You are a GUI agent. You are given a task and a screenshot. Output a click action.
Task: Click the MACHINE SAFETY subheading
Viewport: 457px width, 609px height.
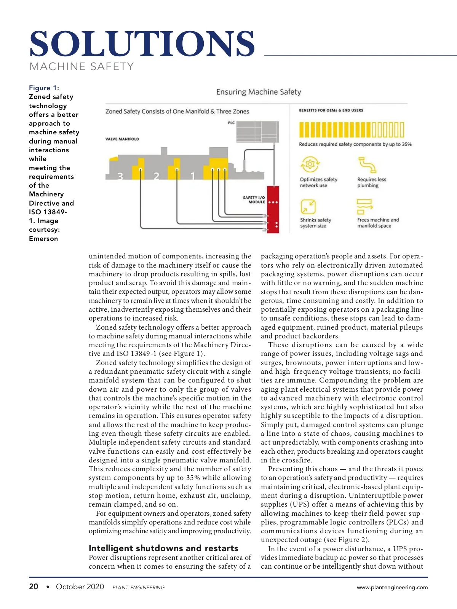[x=81, y=67]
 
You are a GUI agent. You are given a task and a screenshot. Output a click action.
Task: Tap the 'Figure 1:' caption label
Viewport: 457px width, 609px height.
[x=44, y=88]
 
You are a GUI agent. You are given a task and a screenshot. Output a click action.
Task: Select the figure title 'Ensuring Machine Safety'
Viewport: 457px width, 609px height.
[x=259, y=92]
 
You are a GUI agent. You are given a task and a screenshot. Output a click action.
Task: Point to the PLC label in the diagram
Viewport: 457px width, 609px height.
[x=232, y=123]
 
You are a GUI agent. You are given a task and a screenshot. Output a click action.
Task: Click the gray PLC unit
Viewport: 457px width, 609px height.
[x=257, y=132]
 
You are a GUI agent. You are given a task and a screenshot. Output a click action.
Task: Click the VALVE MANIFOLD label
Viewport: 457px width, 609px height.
[x=122, y=139]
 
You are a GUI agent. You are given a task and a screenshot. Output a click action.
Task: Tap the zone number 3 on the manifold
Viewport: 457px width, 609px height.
[x=120, y=176]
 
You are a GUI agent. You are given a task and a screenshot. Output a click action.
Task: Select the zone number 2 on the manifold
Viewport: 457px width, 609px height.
[x=157, y=176]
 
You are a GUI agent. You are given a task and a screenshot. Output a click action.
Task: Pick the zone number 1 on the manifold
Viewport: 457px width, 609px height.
[x=193, y=176]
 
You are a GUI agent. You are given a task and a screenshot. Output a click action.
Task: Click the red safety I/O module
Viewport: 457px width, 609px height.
[x=273, y=209]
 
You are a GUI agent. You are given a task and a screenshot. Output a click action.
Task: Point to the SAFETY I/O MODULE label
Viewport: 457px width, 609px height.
[x=254, y=200]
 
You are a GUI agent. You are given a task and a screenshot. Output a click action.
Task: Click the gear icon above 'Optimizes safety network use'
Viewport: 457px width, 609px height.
[x=310, y=164]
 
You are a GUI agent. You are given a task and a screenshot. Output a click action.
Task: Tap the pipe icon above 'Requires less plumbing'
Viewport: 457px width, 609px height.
[x=367, y=165]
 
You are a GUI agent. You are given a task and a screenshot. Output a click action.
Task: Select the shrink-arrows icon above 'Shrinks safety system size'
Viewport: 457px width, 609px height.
[x=308, y=207]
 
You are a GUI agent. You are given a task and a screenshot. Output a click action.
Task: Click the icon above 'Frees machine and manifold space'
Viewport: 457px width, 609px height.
[x=364, y=207]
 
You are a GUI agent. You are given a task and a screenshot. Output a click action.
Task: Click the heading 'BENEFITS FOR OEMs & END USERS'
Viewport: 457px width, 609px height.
[x=331, y=110]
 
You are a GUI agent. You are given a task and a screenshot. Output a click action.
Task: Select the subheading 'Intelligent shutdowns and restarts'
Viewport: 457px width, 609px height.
[x=163, y=548]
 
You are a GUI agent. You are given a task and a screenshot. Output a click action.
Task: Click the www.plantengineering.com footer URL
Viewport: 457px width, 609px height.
[x=392, y=587]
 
